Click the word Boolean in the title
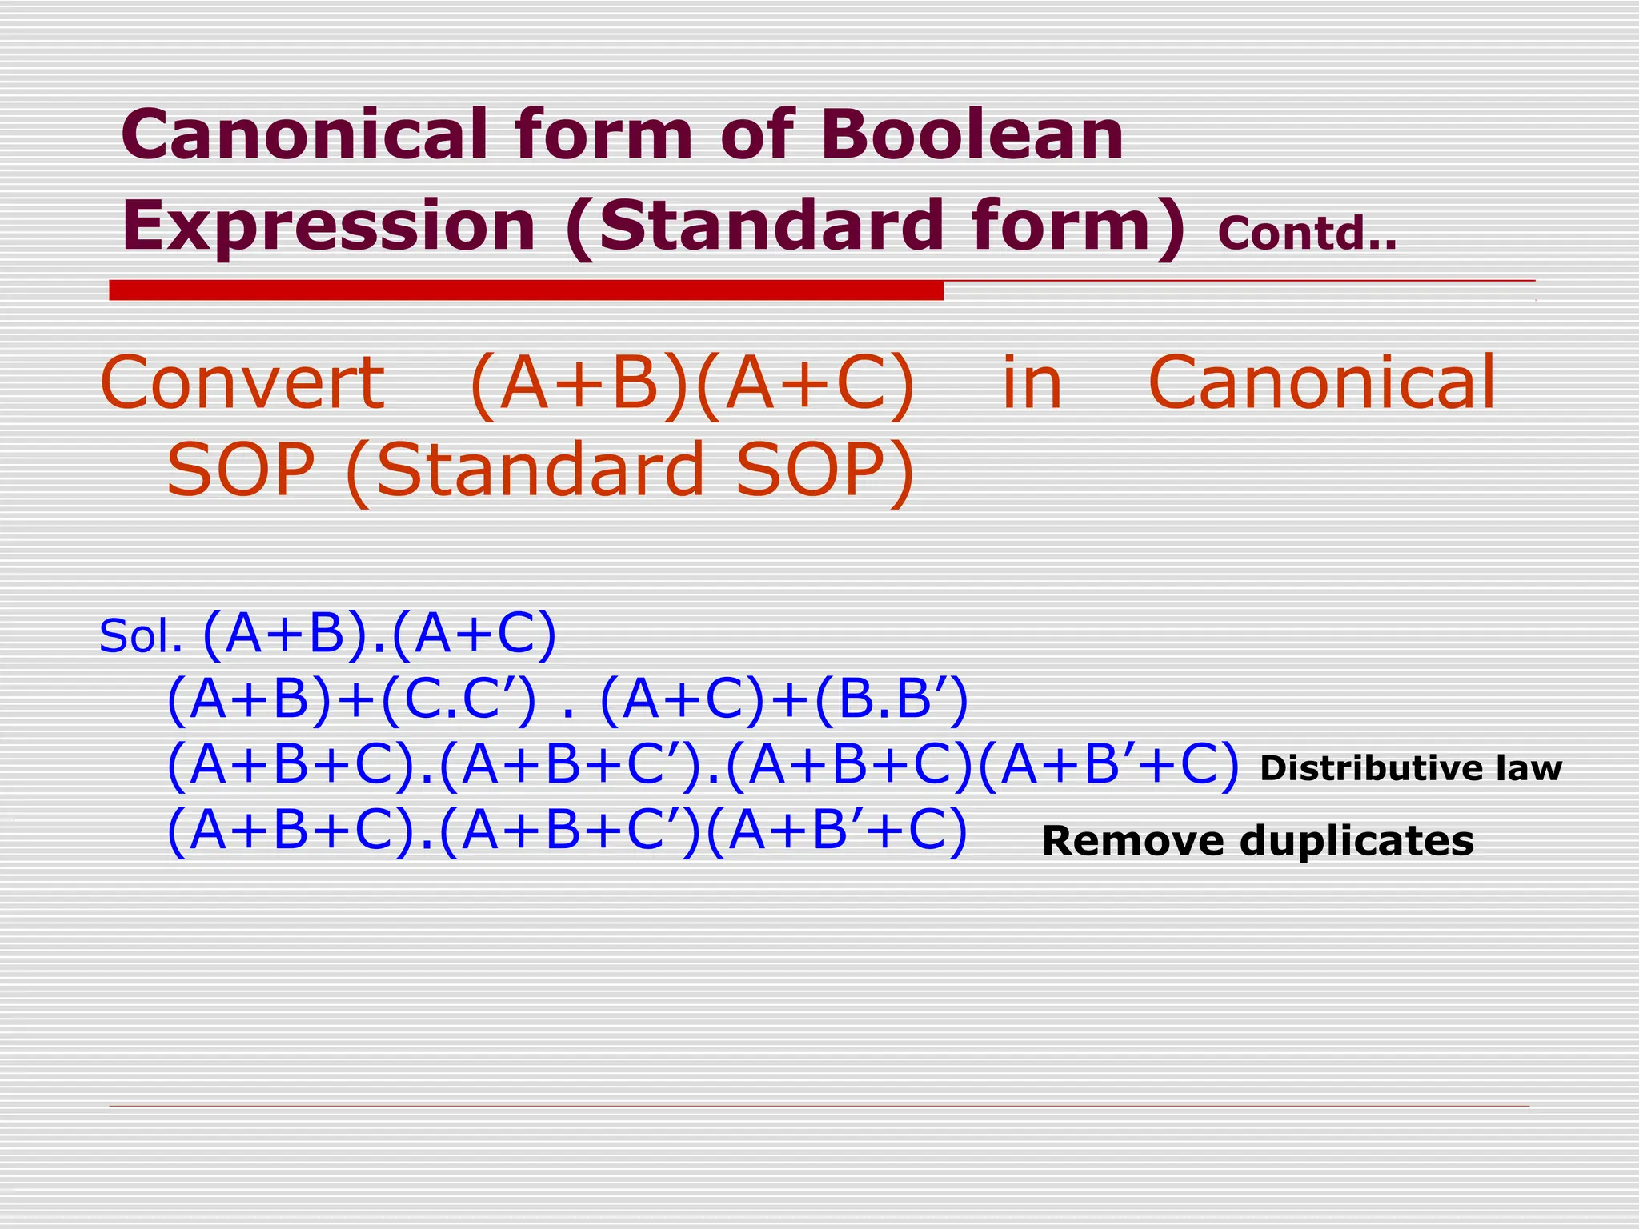click(972, 134)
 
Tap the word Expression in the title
click(328, 226)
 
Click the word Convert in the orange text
click(242, 382)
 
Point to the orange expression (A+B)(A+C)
click(692, 384)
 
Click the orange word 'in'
click(1032, 382)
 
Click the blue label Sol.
click(140, 637)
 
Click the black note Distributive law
click(1410, 768)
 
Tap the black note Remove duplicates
click(1257, 841)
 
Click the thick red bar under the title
click(526, 290)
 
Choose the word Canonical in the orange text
click(1321, 382)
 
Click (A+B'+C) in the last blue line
click(837, 832)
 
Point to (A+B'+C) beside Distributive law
click(1108, 766)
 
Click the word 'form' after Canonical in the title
click(603, 134)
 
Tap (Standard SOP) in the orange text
click(630, 470)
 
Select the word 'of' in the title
click(756, 134)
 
